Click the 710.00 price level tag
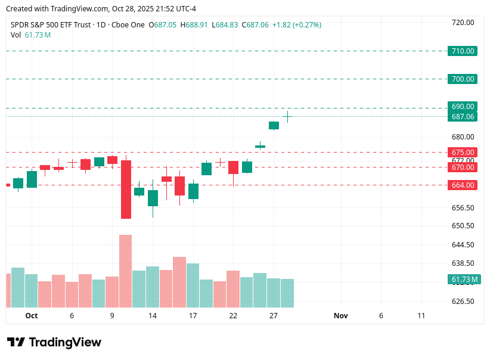(463, 51)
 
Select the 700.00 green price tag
(463, 79)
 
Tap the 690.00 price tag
(463, 107)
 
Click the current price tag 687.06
(463, 117)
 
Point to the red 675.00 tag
(463, 153)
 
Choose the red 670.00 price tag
(463, 167)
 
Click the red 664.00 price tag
(463, 185)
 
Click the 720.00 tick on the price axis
(463, 23)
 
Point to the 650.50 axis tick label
(463, 226)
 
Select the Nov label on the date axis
(340, 316)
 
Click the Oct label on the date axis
(32, 316)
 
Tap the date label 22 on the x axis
(233, 316)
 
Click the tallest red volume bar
(125, 271)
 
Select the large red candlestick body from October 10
(126, 190)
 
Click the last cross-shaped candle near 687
(289, 116)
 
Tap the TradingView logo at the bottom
(54, 343)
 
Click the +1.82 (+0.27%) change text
(297, 25)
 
